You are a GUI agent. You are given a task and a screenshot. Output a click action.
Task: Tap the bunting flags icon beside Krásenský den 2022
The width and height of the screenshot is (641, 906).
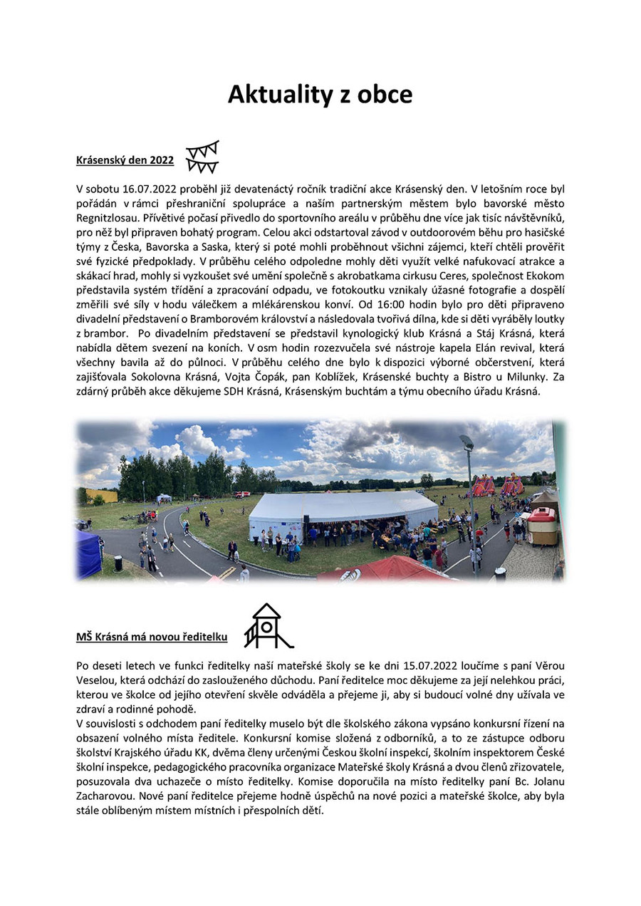pyautogui.click(x=202, y=157)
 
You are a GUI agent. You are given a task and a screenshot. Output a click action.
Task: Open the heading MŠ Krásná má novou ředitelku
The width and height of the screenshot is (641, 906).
pyautogui.click(x=152, y=637)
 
